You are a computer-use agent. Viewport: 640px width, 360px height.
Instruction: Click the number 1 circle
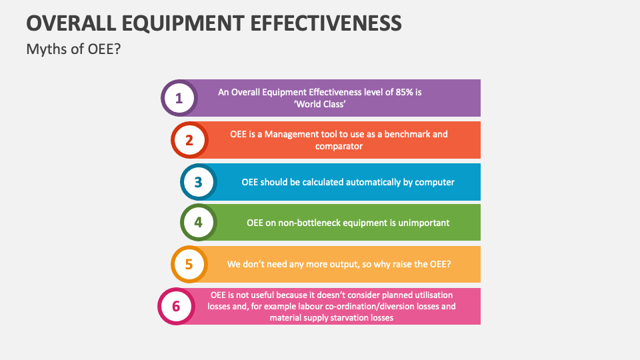coord(179,99)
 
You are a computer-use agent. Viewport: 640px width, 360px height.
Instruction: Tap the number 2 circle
coord(189,140)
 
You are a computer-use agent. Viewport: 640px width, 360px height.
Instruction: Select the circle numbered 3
coord(198,181)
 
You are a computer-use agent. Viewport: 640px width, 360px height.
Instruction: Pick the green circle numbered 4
coord(198,223)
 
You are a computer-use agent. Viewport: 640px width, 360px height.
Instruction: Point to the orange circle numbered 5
coord(189,264)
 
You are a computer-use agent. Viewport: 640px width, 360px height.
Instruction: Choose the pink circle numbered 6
coord(176,306)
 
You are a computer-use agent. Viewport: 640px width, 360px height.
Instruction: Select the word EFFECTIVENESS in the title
coord(327,23)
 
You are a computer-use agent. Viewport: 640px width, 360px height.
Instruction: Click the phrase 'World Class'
coord(320,105)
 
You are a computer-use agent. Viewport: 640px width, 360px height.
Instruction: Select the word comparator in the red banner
coord(339,146)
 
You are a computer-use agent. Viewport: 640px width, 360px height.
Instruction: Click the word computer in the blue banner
coord(435,181)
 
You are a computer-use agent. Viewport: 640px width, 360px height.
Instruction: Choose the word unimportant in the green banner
coord(423,223)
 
